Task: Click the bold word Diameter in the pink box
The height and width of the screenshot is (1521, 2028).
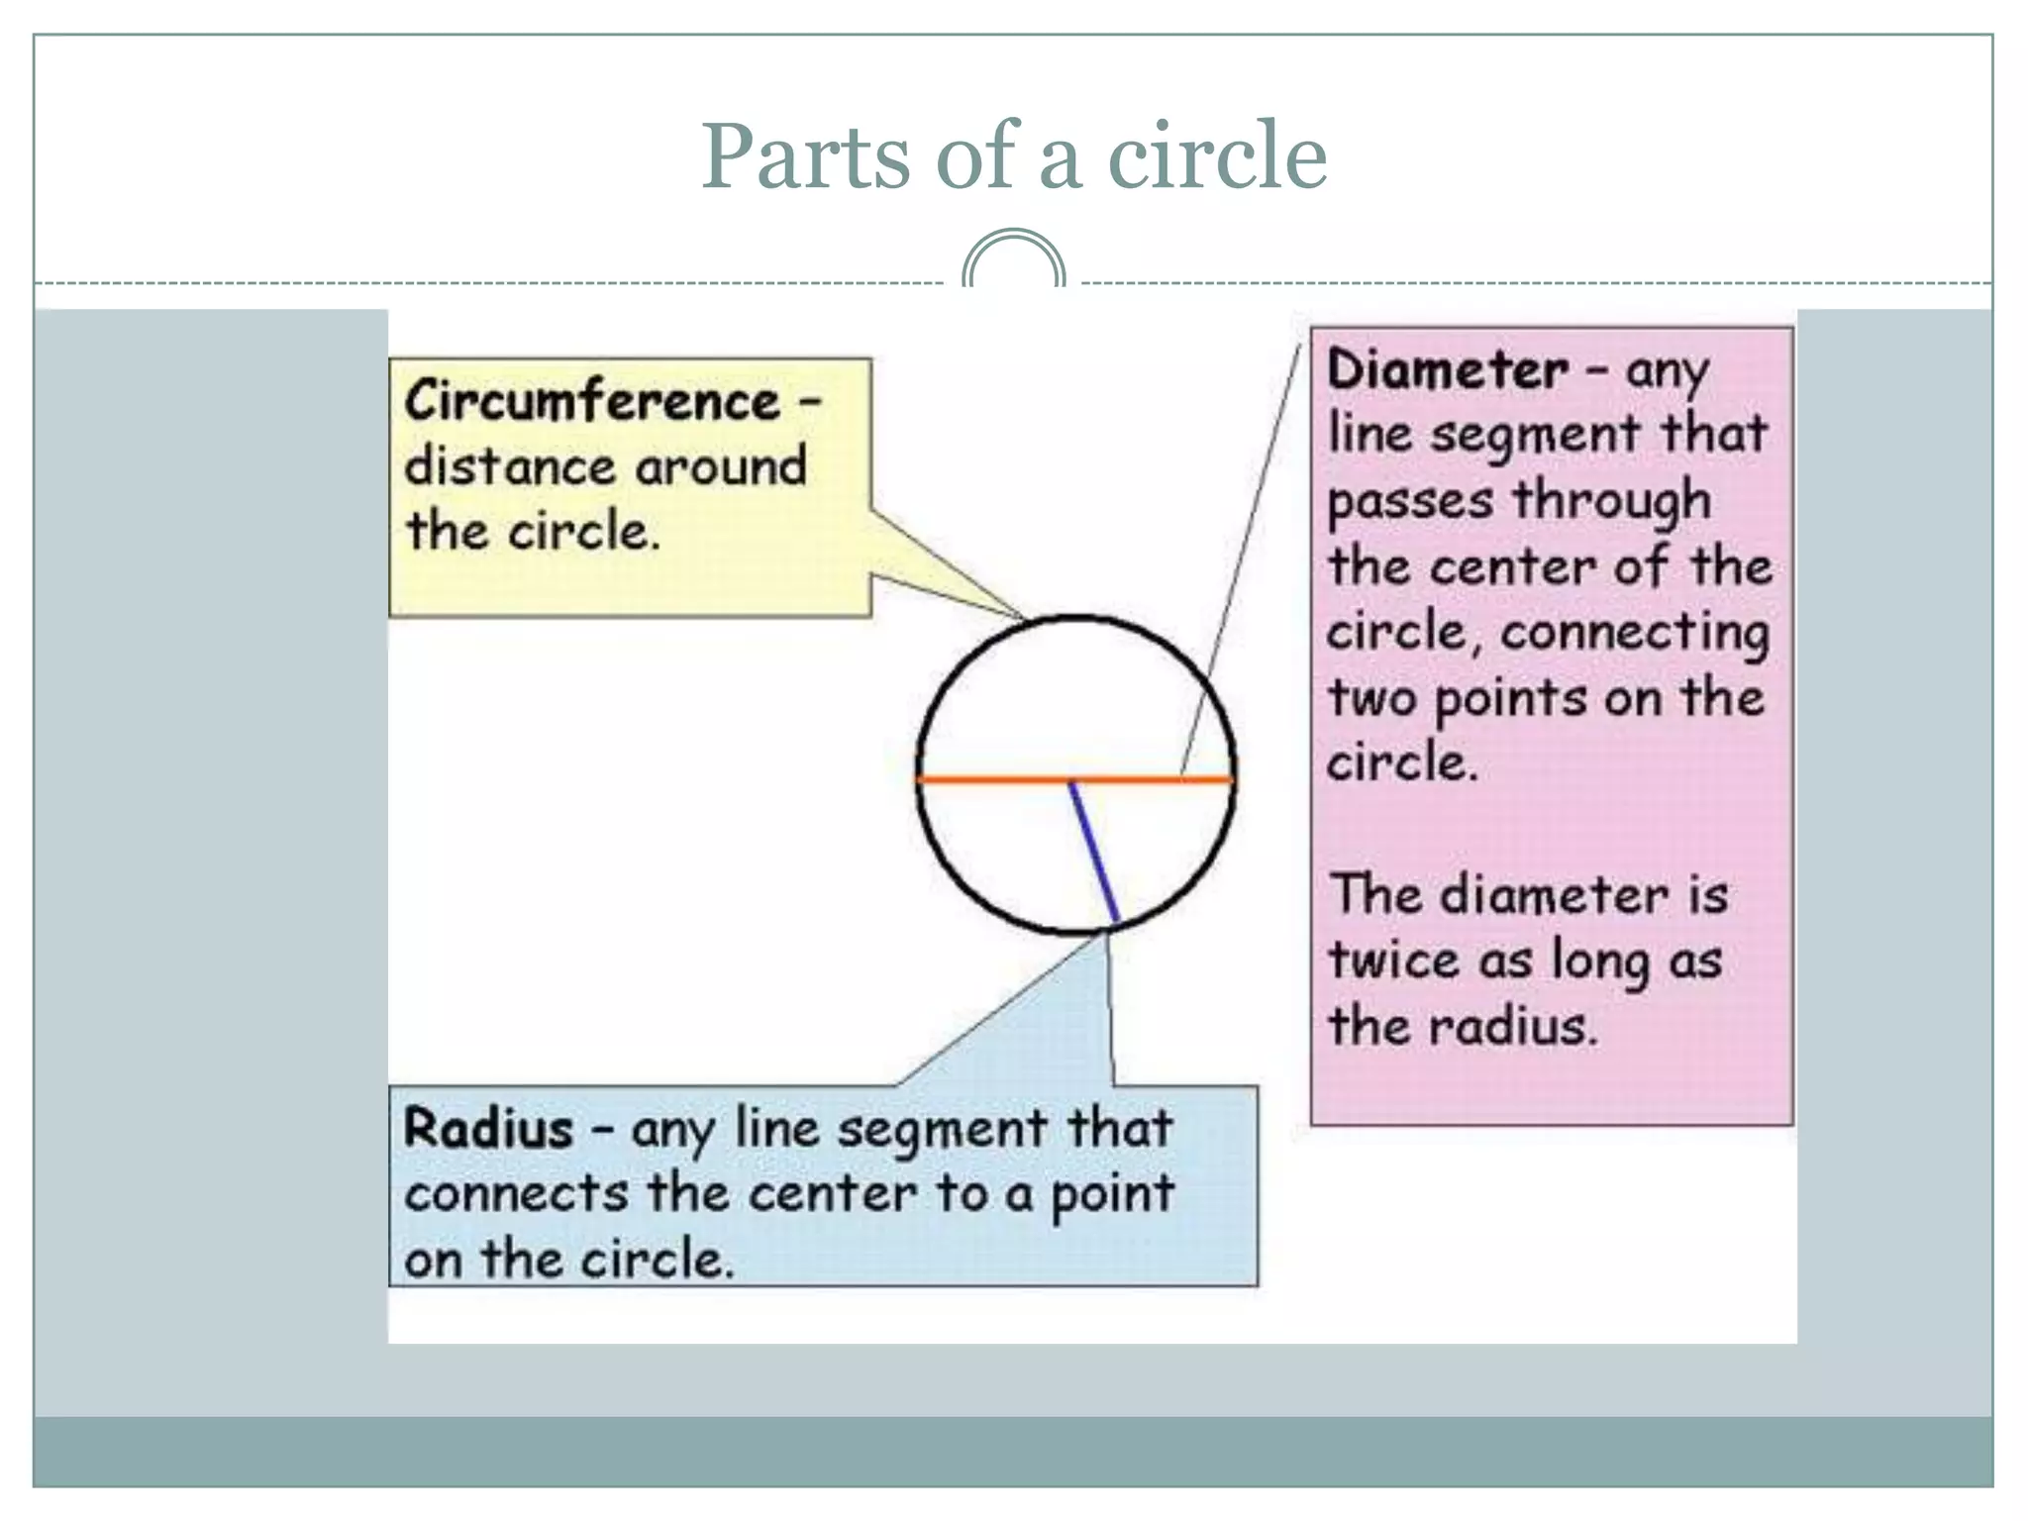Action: [1448, 370]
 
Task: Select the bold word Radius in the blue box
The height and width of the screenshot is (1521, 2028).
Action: [488, 1129]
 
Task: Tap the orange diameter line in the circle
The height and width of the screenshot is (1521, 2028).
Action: [990, 780]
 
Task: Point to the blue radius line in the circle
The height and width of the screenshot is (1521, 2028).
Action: [1094, 853]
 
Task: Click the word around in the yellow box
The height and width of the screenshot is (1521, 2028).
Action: [721, 467]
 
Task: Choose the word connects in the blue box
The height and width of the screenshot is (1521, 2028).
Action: [516, 1194]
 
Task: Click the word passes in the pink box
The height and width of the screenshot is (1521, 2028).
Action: [1409, 501]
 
